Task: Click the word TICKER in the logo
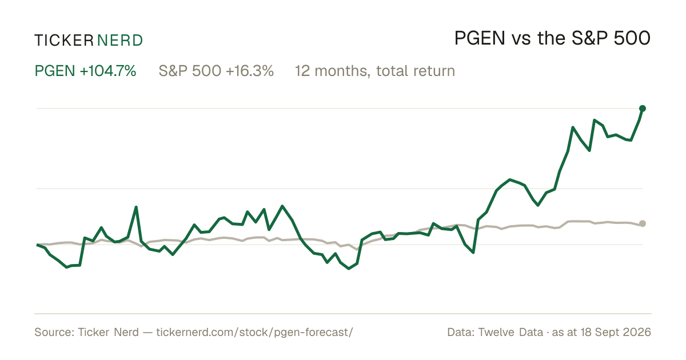click(x=63, y=41)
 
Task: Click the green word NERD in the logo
click(x=120, y=41)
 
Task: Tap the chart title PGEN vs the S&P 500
click(x=552, y=38)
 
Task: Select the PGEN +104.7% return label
click(x=85, y=71)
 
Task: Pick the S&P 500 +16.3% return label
click(x=216, y=71)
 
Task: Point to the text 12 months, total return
click(x=375, y=71)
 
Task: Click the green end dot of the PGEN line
click(x=643, y=109)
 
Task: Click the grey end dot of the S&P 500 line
click(x=643, y=223)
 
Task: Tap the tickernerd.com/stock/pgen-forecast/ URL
click(x=254, y=332)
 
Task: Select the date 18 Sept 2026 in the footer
click(x=616, y=332)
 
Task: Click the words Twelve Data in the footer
click(x=510, y=332)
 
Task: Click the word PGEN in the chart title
click(x=480, y=38)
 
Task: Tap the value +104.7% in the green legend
click(x=108, y=71)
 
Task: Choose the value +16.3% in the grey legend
click(x=250, y=71)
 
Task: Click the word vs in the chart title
click(x=521, y=41)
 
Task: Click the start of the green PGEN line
click(x=37, y=245)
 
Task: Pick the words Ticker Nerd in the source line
click(x=108, y=332)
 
